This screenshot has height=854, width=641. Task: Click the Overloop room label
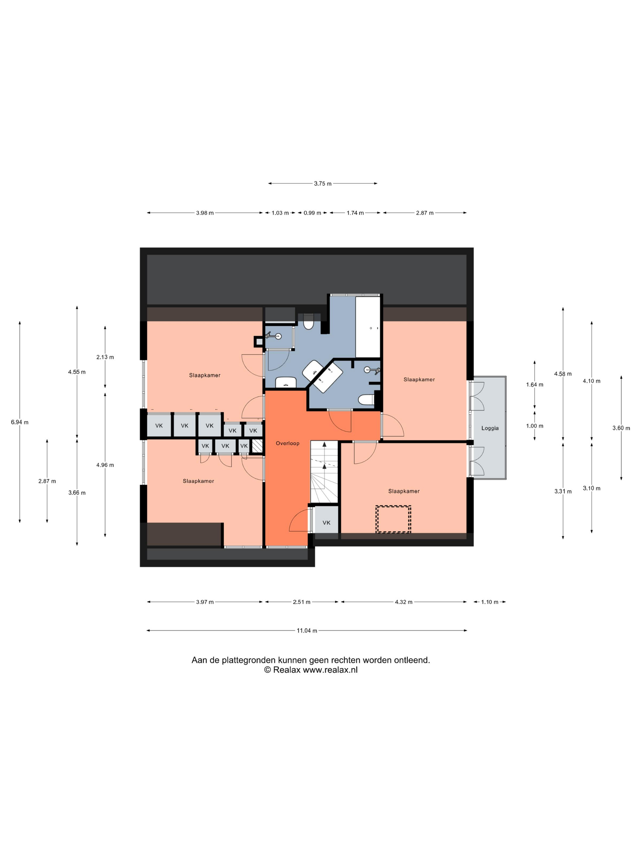[x=288, y=443]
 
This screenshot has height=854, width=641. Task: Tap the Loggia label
[x=490, y=428]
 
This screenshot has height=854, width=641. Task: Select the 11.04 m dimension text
[x=307, y=630]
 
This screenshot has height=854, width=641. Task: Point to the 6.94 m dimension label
[x=20, y=422]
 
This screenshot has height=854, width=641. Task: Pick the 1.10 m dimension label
[x=490, y=602]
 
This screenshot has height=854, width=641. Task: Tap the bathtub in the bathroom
[x=368, y=327]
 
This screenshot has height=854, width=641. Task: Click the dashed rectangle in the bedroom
[x=393, y=519]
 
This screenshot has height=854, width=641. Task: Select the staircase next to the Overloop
[x=324, y=472]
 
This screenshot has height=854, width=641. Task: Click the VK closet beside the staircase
[x=327, y=523]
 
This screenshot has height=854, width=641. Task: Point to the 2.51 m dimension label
[x=301, y=602]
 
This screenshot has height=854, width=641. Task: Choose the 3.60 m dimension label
[x=621, y=428]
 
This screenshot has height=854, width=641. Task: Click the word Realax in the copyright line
[x=287, y=670]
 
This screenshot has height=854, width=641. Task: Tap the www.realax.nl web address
[x=330, y=670]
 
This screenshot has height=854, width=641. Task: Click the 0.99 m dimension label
[x=312, y=213]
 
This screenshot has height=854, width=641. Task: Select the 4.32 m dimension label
[x=404, y=602]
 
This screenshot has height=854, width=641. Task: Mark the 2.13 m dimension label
[x=105, y=357]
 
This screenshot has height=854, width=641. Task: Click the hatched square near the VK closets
[x=257, y=446]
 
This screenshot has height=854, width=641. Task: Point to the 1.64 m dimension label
[x=535, y=385]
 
